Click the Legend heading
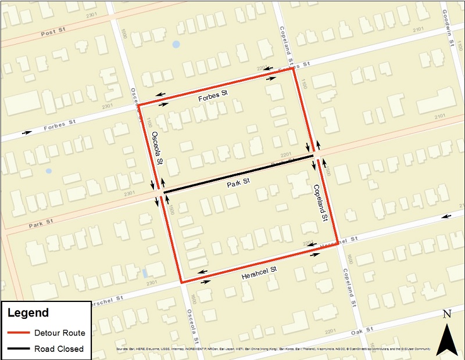28,313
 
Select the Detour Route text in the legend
59,333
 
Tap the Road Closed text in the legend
59,349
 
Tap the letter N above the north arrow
447,315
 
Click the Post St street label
52,34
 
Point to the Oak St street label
362,332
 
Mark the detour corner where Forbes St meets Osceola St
138,106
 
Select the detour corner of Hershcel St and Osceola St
182,283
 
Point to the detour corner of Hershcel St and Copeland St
338,244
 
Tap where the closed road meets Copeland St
313,156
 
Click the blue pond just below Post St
176,44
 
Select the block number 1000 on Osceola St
124,34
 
